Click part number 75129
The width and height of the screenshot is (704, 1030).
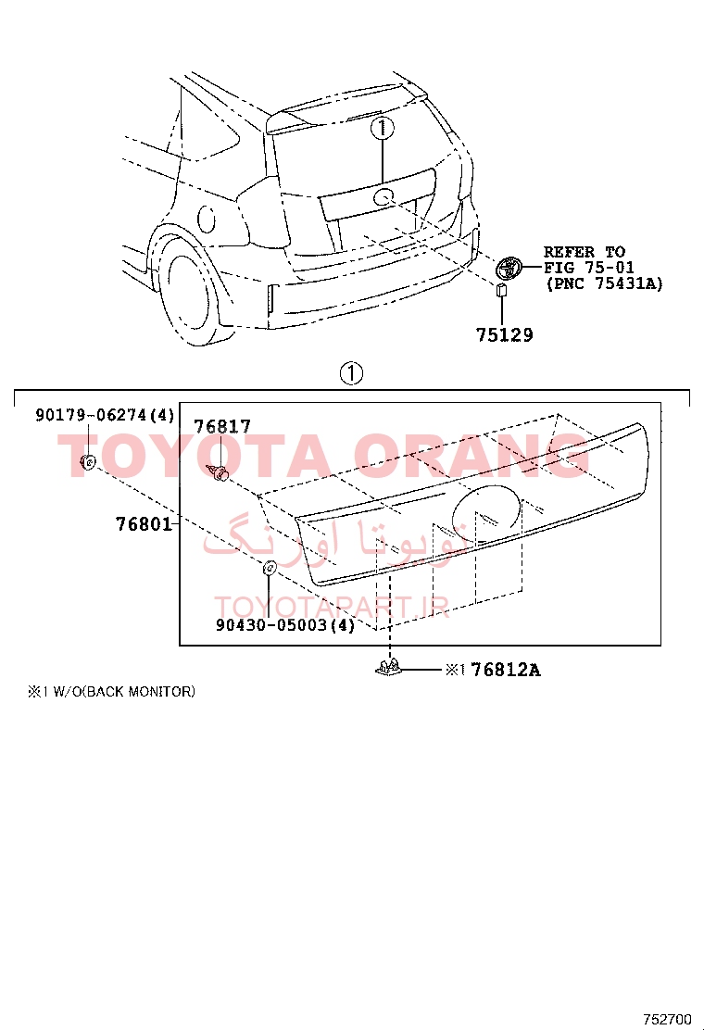504,335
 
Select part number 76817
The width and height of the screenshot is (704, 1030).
222,427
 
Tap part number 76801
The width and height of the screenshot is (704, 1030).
144,524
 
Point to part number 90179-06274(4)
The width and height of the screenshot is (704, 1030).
105,415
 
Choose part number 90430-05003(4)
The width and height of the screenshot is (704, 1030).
285,624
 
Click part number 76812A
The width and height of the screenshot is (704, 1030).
507,670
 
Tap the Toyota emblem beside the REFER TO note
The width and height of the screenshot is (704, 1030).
508,268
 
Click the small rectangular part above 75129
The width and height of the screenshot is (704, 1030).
502,290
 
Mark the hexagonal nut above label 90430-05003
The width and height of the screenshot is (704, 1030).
269,568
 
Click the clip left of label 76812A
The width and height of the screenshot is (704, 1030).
389,668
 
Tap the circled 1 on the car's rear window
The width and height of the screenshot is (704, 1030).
383,128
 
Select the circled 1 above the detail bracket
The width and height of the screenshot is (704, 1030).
351,374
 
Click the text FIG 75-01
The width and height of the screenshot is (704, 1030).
589,268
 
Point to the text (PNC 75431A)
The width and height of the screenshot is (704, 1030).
604,283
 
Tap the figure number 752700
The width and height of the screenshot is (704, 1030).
667,1020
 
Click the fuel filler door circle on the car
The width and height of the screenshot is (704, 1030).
207,219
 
